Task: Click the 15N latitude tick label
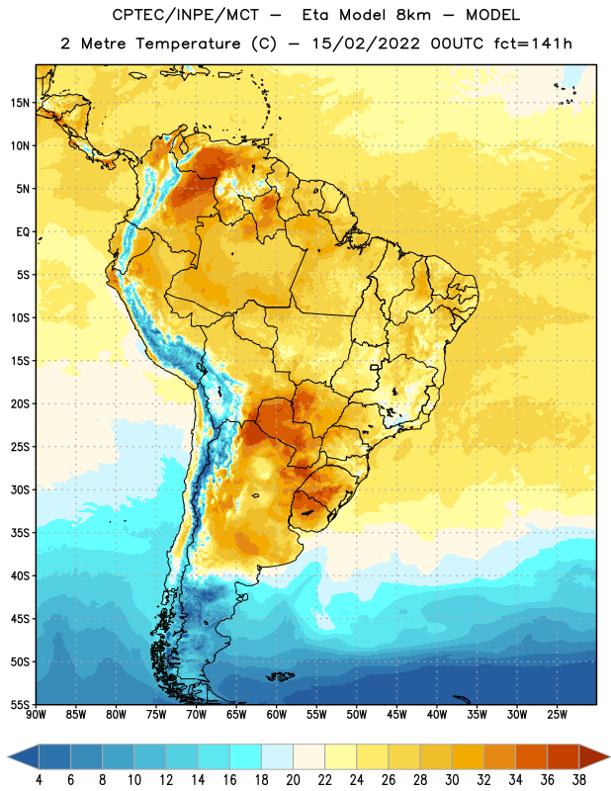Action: click(x=20, y=103)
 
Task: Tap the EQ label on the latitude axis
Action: click(x=23, y=232)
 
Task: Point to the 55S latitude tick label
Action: click(x=20, y=704)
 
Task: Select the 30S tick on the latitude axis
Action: click(x=20, y=489)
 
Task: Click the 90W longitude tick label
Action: click(x=36, y=715)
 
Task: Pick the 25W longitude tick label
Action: click(x=557, y=715)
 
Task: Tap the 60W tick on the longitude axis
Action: click(x=277, y=715)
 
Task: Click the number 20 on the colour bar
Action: click(x=293, y=780)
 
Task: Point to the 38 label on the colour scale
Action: click(x=579, y=780)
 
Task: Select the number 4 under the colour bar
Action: click(x=39, y=780)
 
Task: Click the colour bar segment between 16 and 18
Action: click(x=246, y=756)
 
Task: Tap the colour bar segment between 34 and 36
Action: click(x=532, y=756)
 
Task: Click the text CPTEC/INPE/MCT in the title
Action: click(x=185, y=15)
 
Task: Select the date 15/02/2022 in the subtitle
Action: click(x=365, y=44)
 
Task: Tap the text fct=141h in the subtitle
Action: click(x=533, y=44)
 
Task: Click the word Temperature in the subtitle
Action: click(x=188, y=44)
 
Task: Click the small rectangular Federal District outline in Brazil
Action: click(x=375, y=367)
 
